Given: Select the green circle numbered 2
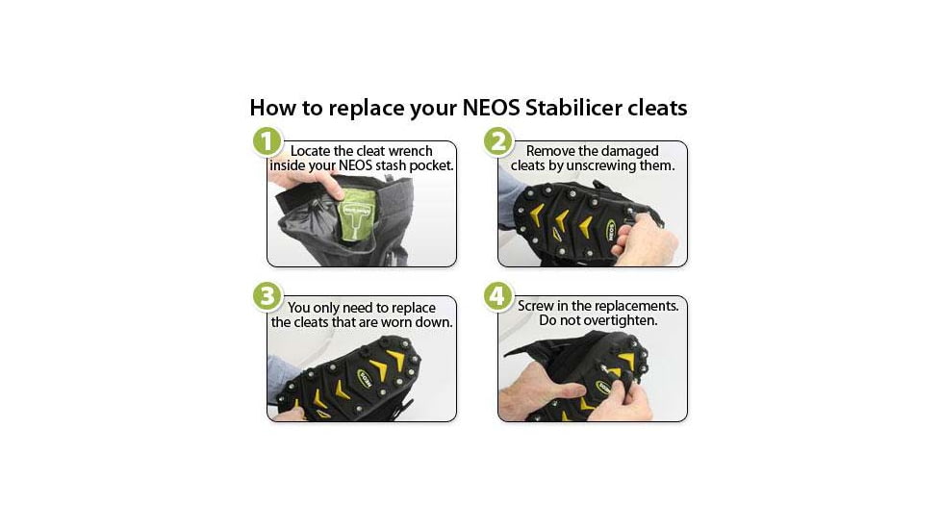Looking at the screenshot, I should coord(497,141).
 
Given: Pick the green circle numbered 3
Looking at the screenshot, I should coord(268,296).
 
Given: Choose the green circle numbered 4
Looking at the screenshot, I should coord(497,296).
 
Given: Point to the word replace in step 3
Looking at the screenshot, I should coord(410,307).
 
